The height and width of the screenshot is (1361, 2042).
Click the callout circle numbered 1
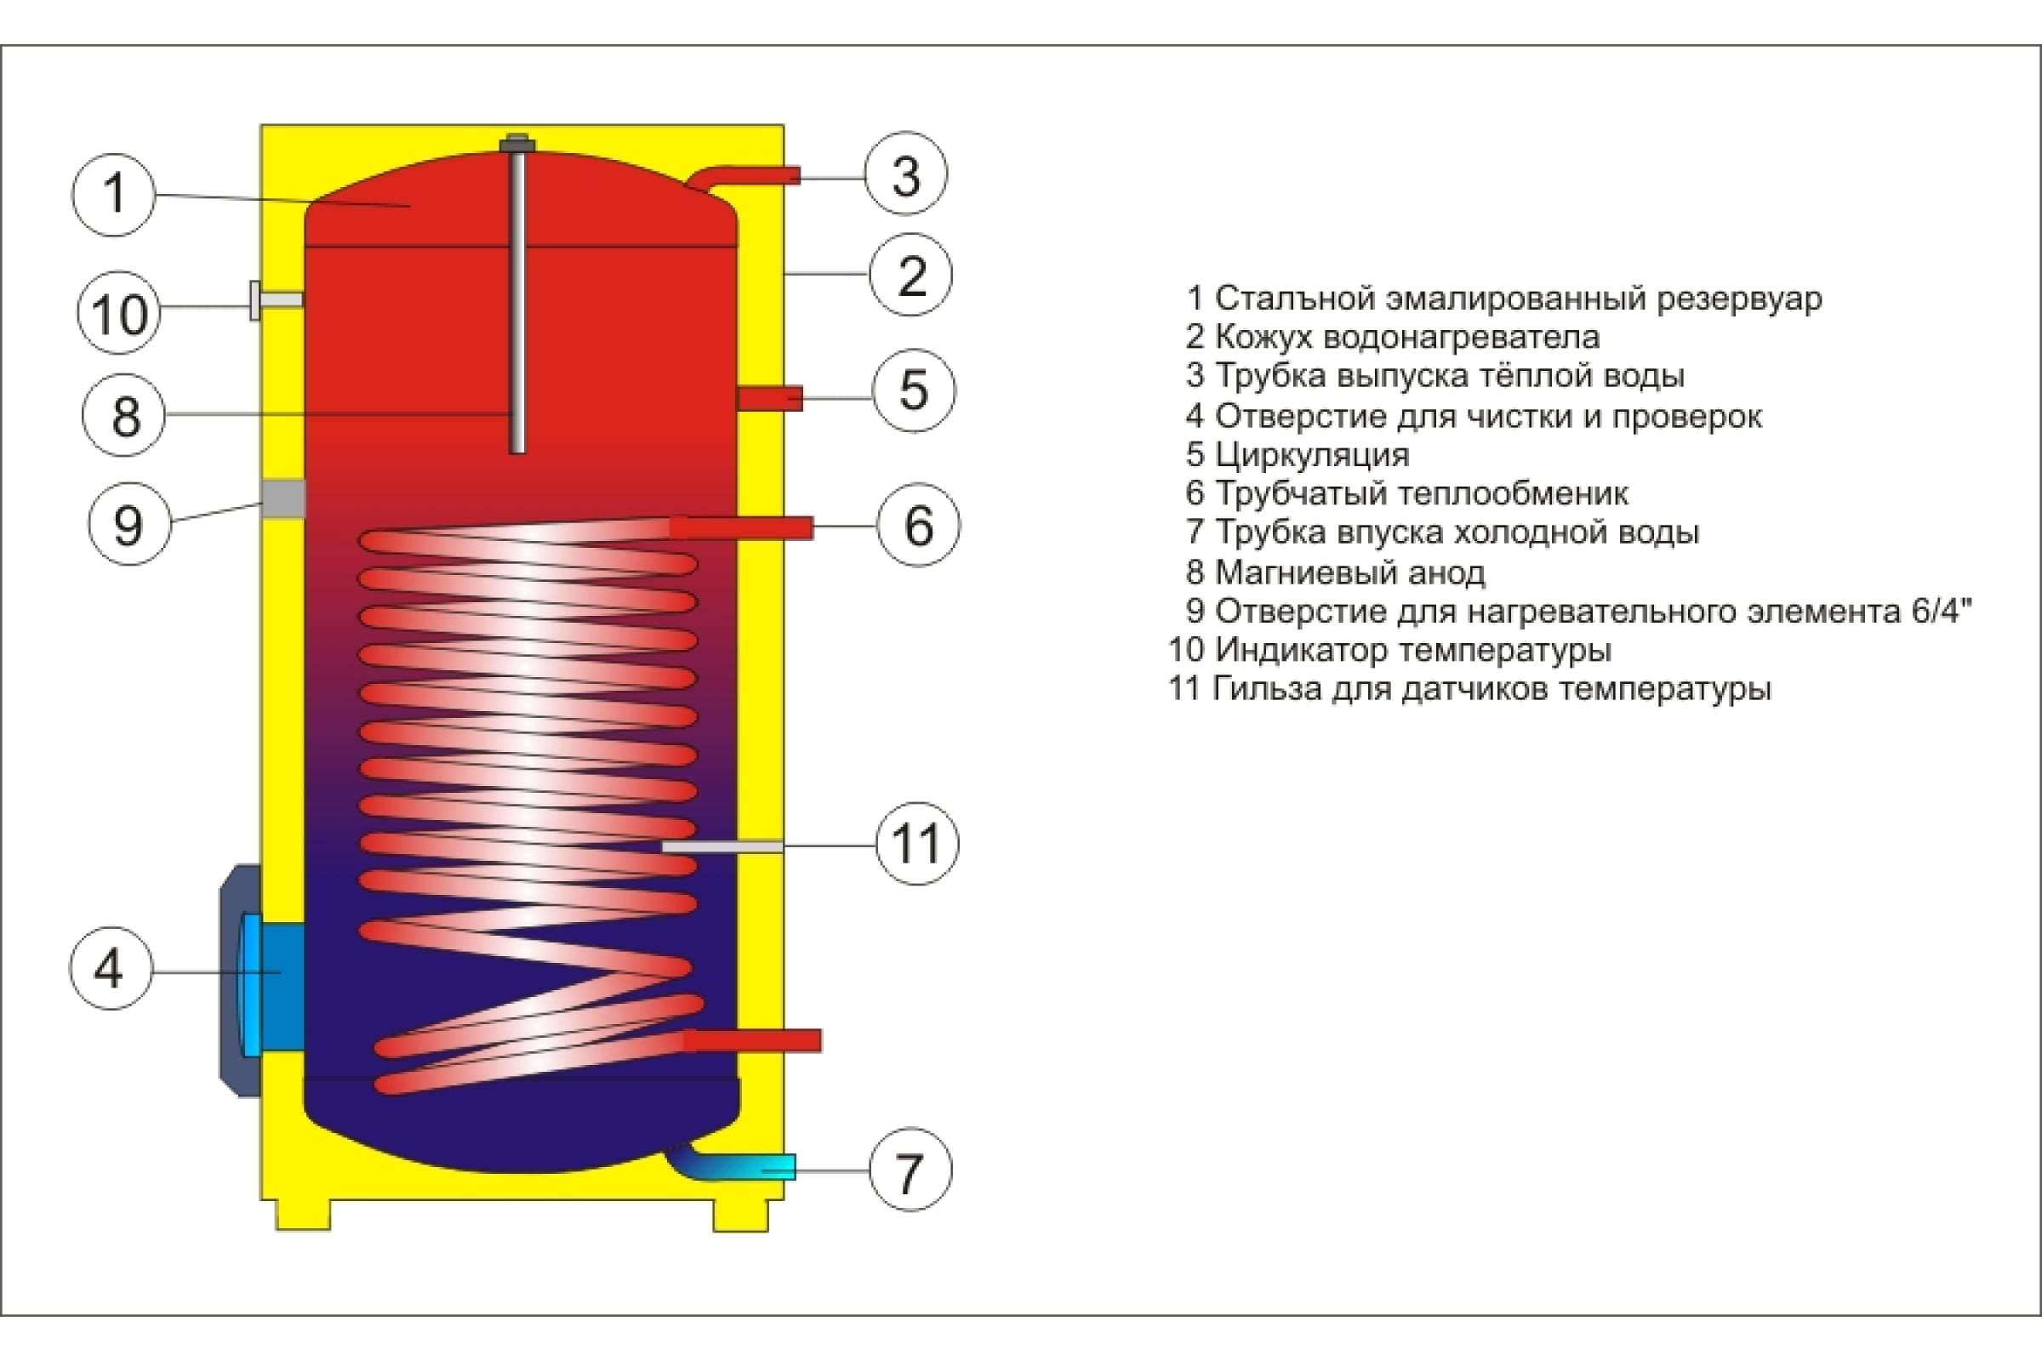coord(114,195)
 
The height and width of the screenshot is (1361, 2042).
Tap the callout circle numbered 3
coord(906,174)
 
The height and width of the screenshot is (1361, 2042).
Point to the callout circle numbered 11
coord(918,844)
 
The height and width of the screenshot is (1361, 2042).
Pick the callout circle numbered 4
coord(111,968)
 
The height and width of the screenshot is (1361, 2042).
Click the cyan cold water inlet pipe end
coord(780,1167)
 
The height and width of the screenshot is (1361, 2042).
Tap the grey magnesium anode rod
coord(517,295)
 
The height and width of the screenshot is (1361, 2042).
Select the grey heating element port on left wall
coord(283,499)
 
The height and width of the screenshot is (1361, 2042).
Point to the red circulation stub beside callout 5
coord(770,398)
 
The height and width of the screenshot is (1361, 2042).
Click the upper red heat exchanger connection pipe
coord(741,527)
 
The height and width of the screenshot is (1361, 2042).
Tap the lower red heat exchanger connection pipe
coord(753,1040)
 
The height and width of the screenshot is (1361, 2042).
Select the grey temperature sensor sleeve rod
coord(722,846)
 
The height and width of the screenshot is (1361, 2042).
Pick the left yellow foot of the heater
coord(303,1216)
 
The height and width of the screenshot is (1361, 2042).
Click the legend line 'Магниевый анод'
coord(1336,572)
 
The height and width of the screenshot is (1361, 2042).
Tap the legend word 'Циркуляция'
coord(1312,455)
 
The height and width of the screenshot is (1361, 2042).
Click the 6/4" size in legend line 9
coord(1942,611)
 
